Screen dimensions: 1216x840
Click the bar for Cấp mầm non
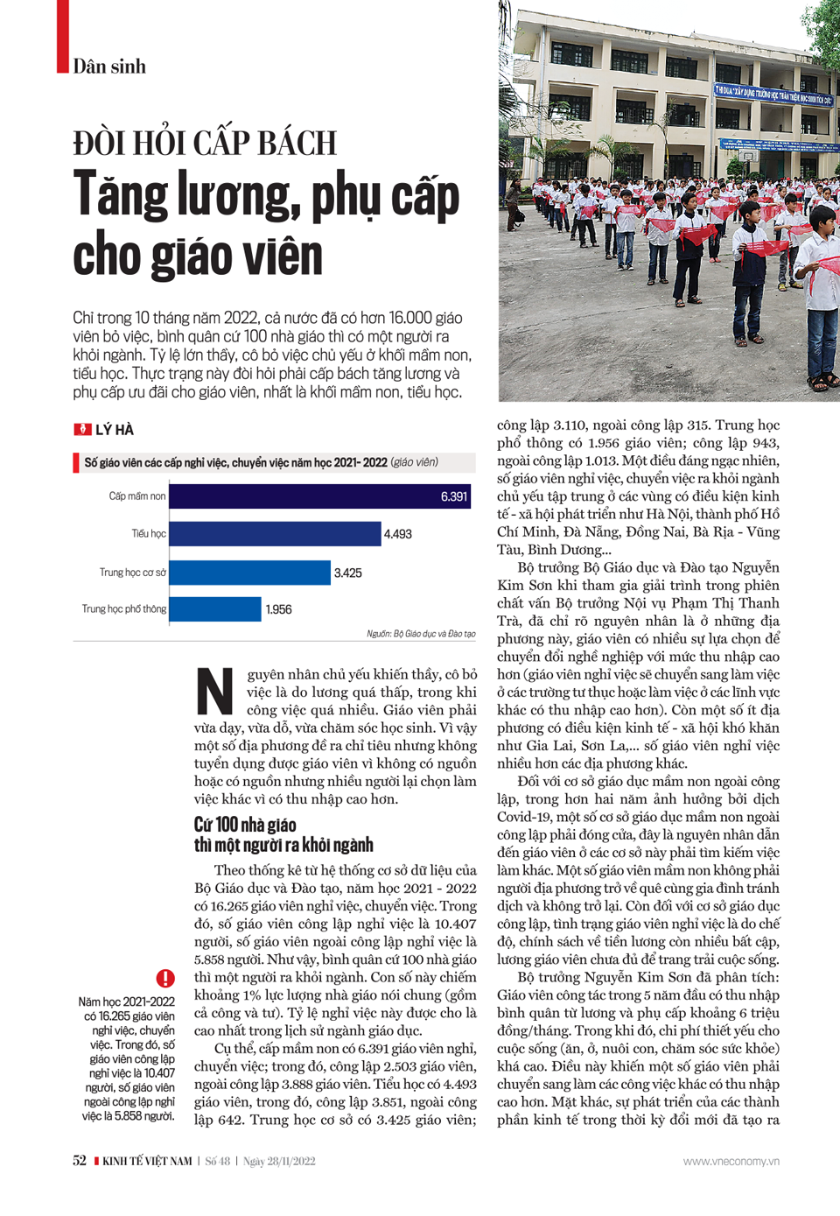coord(319,496)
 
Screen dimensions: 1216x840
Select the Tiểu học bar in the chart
coord(275,534)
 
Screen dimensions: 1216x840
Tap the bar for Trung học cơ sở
coord(249,573)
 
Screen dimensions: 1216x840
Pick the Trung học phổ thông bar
coord(214,609)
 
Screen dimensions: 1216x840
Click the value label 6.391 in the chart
coord(454,496)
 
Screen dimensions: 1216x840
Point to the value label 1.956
coord(278,609)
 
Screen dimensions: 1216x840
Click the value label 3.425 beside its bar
coord(347,573)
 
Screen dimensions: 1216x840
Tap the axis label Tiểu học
coord(149,534)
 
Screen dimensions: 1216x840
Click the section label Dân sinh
coord(109,67)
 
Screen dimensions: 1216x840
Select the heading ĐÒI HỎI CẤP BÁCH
coord(205,143)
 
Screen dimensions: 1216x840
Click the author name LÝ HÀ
coord(115,430)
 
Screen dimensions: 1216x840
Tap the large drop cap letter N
coord(214,692)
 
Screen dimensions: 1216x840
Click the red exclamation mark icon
coord(165,978)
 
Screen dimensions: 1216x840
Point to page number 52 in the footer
coord(80,1161)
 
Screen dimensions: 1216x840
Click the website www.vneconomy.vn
coord(731,1161)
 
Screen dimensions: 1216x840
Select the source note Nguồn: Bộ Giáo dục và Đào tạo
coord(421,633)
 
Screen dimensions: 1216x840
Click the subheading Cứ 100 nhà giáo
coord(245,825)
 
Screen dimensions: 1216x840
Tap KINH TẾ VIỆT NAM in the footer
coord(147,1161)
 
